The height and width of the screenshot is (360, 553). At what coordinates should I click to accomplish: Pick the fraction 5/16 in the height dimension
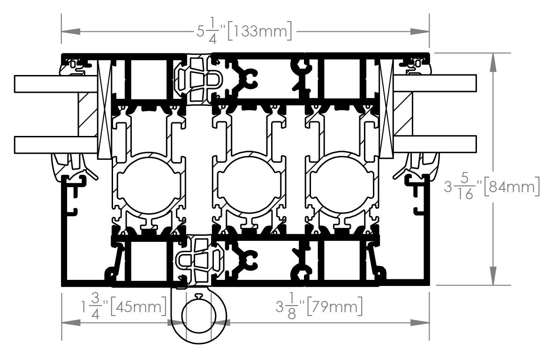pyautogui.click(x=465, y=187)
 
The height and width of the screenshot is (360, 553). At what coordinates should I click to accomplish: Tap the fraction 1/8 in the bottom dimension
pyautogui.click(x=291, y=307)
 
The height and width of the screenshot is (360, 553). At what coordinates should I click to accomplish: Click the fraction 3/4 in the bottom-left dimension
pyautogui.click(x=95, y=307)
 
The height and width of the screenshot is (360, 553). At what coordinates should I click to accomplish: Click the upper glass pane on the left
pyautogui.click(x=56, y=84)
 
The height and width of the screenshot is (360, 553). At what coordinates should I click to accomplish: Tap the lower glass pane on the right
pyautogui.click(x=434, y=144)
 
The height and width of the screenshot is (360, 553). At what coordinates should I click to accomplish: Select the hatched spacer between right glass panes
pyautogui.click(x=403, y=114)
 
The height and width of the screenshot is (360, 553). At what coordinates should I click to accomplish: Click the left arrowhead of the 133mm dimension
pyautogui.click(x=70, y=31)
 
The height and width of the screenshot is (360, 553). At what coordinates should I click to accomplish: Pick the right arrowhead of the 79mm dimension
pyautogui.click(x=420, y=322)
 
